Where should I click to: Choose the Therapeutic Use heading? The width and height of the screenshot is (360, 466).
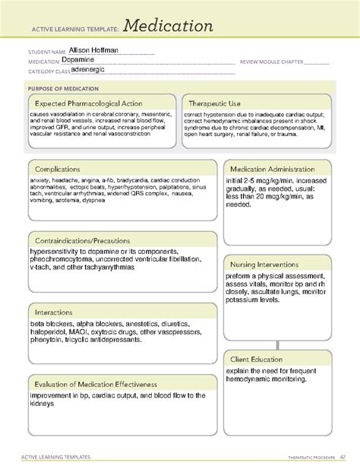pyautogui.click(x=216, y=103)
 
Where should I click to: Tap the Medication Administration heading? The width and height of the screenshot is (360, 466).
pyautogui.click(x=276, y=169)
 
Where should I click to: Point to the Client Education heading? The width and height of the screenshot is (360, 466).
pyautogui.click(x=258, y=359)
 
